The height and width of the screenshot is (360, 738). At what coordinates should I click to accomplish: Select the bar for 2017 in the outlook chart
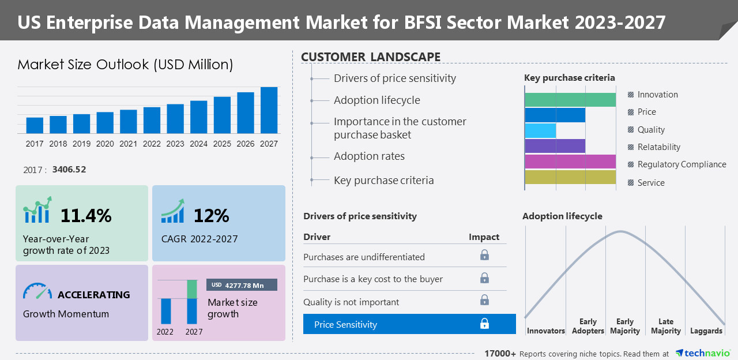(x=35, y=125)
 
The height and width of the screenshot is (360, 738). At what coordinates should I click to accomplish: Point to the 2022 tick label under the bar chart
(x=152, y=144)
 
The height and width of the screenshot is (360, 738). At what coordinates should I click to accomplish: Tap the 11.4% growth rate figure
(x=86, y=216)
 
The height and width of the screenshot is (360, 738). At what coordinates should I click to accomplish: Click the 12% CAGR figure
(x=211, y=216)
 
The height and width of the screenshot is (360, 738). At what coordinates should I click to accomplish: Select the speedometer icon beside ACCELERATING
(x=37, y=291)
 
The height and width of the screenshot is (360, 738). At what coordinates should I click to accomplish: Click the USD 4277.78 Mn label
(x=242, y=285)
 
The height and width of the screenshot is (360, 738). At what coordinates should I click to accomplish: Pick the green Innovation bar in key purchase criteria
(x=570, y=100)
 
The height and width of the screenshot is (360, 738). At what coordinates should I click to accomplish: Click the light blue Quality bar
(x=540, y=130)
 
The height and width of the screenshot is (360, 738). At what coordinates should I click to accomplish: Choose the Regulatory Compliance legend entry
(x=681, y=164)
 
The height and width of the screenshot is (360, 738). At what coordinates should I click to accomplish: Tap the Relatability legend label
(x=658, y=147)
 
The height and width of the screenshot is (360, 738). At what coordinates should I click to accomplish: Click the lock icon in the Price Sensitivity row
(x=484, y=324)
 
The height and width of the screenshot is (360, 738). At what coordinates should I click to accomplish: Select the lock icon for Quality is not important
(x=484, y=300)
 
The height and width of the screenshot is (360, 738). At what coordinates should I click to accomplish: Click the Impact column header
(x=484, y=237)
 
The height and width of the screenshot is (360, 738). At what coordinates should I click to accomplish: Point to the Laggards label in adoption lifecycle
(x=706, y=331)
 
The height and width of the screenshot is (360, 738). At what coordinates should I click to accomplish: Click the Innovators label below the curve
(x=545, y=331)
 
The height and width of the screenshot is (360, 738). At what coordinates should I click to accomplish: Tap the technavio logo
(x=702, y=353)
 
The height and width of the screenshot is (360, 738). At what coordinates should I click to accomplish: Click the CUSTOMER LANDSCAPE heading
(x=371, y=57)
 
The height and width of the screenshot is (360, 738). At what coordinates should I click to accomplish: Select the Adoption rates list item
(x=369, y=156)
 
